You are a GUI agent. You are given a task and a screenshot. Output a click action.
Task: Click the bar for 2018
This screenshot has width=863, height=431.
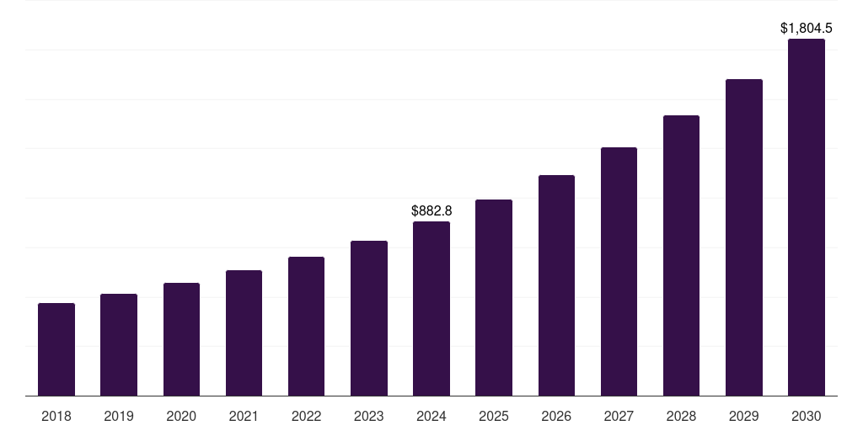click(x=56, y=349)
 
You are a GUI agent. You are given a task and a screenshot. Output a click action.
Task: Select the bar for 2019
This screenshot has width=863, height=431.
click(x=119, y=345)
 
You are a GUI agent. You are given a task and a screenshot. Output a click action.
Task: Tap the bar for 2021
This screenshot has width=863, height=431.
click(x=244, y=333)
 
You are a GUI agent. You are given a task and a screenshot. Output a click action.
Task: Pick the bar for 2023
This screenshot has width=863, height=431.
click(x=369, y=318)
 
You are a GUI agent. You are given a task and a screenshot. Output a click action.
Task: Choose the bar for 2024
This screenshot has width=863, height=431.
click(x=431, y=309)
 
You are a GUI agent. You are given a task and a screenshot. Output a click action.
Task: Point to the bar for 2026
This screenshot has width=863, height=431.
click(x=556, y=285)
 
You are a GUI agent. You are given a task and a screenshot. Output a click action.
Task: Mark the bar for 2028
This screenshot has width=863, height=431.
click(x=681, y=256)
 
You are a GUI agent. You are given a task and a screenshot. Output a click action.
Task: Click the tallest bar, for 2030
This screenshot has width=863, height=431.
click(x=807, y=217)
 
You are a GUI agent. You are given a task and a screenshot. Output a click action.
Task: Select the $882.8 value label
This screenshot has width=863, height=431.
click(x=431, y=210)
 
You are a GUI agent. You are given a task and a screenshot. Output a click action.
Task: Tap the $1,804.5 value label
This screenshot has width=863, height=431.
click(x=807, y=29)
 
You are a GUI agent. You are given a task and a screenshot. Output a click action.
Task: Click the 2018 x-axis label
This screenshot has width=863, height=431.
click(x=56, y=416)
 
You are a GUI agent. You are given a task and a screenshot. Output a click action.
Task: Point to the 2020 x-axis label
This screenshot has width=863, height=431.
click(x=181, y=416)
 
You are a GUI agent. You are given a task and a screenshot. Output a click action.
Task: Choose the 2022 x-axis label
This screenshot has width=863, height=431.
click(x=306, y=416)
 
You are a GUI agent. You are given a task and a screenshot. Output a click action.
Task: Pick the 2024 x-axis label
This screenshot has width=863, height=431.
click(x=431, y=416)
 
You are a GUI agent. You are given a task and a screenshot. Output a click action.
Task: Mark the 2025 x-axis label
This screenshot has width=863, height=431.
click(x=494, y=416)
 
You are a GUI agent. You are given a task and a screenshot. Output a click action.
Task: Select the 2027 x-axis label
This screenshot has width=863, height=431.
click(x=619, y=416)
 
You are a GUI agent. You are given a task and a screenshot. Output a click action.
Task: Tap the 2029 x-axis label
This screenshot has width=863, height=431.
click(x=743, y=416)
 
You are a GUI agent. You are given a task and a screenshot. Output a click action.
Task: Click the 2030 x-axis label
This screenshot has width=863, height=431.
click(x=807, y=416)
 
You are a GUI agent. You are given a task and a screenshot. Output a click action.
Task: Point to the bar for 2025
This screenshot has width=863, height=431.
click(x=494, y=298)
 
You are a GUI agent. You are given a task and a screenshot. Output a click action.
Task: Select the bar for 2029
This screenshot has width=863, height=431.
click(x=743, y=237)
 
